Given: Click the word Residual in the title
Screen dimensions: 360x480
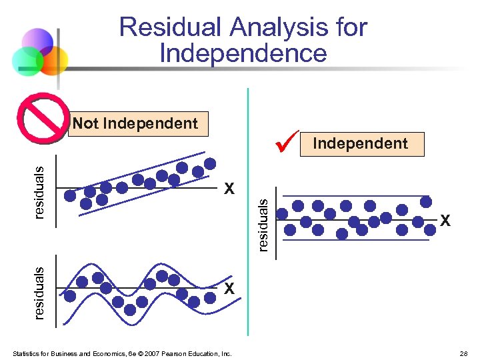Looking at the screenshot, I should coord(169,28).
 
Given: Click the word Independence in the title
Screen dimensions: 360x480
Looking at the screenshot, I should coord(243,53).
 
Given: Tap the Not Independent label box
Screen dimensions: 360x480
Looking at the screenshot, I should coord(137,123).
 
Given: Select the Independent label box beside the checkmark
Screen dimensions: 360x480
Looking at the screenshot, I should coord(361,143).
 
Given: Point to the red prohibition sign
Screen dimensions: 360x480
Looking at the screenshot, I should coord(44,118).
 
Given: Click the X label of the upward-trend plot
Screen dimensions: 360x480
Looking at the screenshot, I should coord(229,189).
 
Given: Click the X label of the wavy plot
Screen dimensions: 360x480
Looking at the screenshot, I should coord(229,289).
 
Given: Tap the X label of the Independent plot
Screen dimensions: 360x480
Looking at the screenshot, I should coord(445,220).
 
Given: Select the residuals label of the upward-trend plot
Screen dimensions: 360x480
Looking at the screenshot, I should coord(39,193).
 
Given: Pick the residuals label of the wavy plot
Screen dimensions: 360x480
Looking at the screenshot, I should coord(39,293).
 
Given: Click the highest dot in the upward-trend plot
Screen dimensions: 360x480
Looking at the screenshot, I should coord(210,163).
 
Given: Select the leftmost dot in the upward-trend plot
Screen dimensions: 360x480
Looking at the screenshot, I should coord(70,195).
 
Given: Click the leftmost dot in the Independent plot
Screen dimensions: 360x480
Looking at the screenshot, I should coord(283,214).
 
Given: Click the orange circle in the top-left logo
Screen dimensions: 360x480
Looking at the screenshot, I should coord(55,60).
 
